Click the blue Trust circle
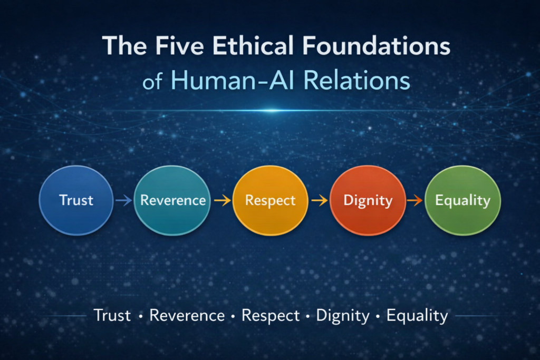click(x=76, y=200)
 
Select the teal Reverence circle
click(x=172, y=200)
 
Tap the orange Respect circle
click(x=271, y=200)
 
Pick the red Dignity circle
click(x=368, y=200)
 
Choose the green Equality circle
click(x=463, y=200)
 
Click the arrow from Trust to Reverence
click(x=123, y=200)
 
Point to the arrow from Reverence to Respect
click(x=222, y=200)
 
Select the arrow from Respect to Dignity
click(x=319, y=200)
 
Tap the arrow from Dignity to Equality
click(x=414, y=200)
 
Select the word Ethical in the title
click(x=253, y=46)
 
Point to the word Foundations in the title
click(x=377, y=46)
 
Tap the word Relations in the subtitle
click(x=357, y=81)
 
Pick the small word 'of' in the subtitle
click(x=152, y=83)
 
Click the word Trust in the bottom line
click(x=112, y=315)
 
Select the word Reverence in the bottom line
click(x=187, y=315)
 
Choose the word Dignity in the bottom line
click(x=343, y=316)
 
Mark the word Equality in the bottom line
click(x=417, y=316)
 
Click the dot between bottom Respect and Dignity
click(x=307, y=316)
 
